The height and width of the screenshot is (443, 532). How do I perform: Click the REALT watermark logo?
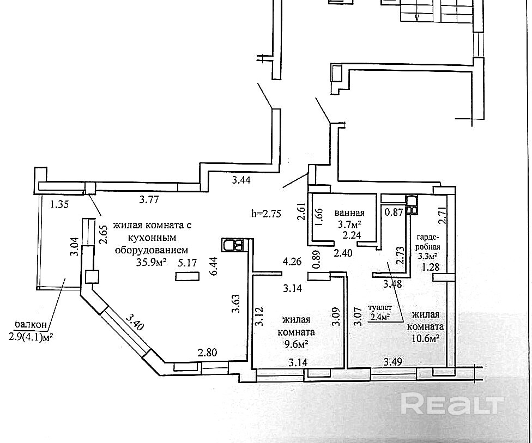pyautogui.click(x=452, y=404)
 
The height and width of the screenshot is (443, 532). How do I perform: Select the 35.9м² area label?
pyautogui.click(x=150, y=263)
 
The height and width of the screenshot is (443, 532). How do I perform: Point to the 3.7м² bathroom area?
pyautogui.click(x=349, y=224)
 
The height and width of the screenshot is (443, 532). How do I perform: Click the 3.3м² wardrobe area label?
pyautogui.click(x=427, y=255)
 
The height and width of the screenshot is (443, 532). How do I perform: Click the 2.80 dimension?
pyautogui.click(x=207, y=352)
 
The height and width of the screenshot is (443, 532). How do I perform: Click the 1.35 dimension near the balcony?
pyautogui.click(x=60, y=205)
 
